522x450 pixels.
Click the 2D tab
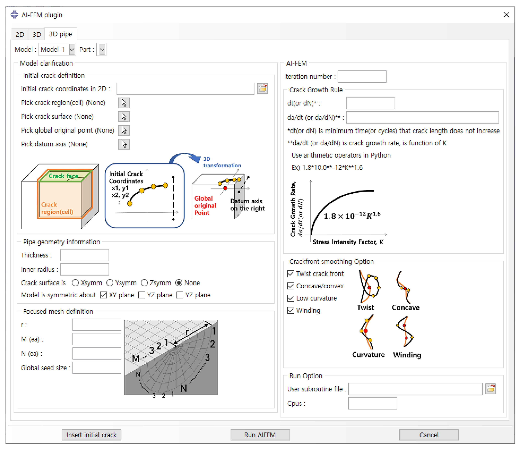[x=20, y=34]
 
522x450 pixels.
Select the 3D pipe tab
[x=60, y=34]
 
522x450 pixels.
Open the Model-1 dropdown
[x=72, y=50]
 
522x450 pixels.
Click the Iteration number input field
[x=362, y=76]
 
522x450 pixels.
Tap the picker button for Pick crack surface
[x=124, y=117]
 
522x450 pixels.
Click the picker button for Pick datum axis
[x=124, y=144]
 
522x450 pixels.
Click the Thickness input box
[x=84, y=255]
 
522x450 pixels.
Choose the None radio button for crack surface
[x=179, y=283]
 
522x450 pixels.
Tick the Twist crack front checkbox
[x=291, y=274]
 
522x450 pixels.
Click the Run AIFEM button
[x=260, y=435]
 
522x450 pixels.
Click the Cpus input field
[x=372, y=403]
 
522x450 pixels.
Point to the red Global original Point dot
[x=225, y=188]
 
